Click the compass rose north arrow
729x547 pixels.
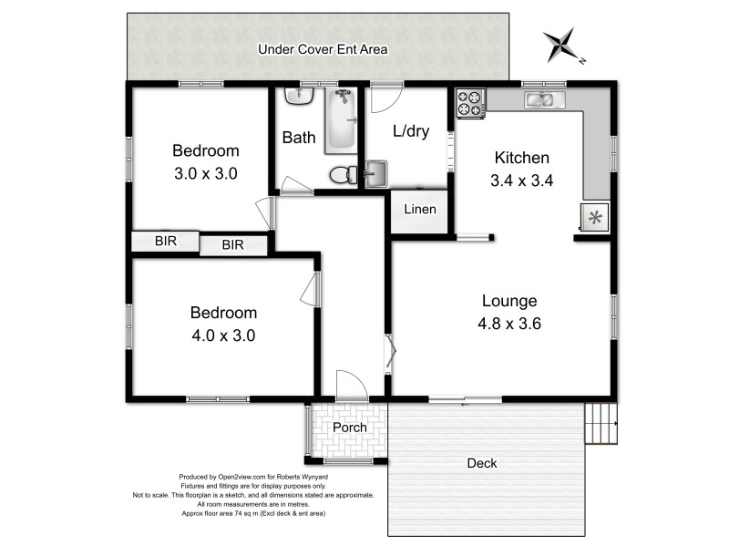563,45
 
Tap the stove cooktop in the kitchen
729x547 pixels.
469,103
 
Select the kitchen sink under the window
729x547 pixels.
544,99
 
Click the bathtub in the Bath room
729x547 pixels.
341,121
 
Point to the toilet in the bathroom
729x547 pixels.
344,175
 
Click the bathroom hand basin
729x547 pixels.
299,96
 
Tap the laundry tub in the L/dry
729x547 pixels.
375,174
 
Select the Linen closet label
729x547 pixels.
420,210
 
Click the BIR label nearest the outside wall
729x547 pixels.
166,241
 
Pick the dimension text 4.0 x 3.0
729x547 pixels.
223,335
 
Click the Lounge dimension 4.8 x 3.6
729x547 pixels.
509,324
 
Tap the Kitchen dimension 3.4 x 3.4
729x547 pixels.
521,181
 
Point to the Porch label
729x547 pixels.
350,427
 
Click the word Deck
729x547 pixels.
482,463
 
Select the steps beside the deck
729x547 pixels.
601,423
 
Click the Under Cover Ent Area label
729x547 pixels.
323,49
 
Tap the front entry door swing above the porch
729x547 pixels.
352,383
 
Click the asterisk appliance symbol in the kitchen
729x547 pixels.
595,217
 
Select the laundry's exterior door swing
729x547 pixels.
386,98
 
